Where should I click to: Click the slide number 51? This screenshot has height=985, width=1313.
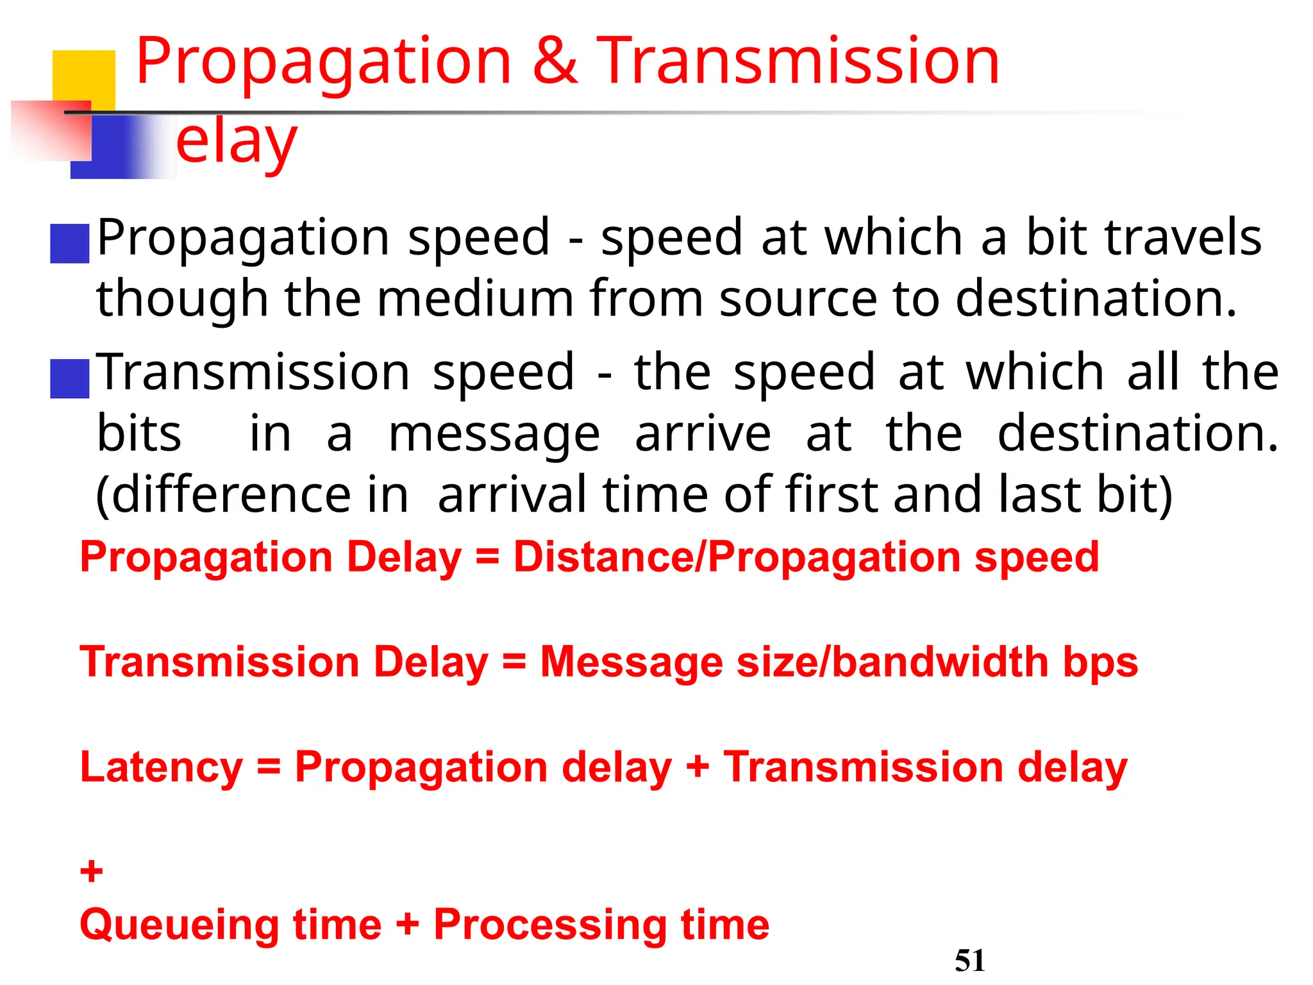pyautogui.click(x=969, y=961)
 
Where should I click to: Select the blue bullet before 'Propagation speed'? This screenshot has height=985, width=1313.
pyautogui.click(x=70, y=244)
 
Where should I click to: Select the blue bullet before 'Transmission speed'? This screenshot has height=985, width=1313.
pyautogui.click(x=70, y=379)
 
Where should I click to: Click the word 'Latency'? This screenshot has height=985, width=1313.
pyautogui.click(x=161, y=767)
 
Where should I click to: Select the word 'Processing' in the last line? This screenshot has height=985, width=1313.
pyautogui.click(x=551, y=925)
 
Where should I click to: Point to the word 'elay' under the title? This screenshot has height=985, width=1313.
pyautogui.click(x=236, y=141)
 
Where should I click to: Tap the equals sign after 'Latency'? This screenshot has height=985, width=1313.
pyautogui.click(x=269, y=767)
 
